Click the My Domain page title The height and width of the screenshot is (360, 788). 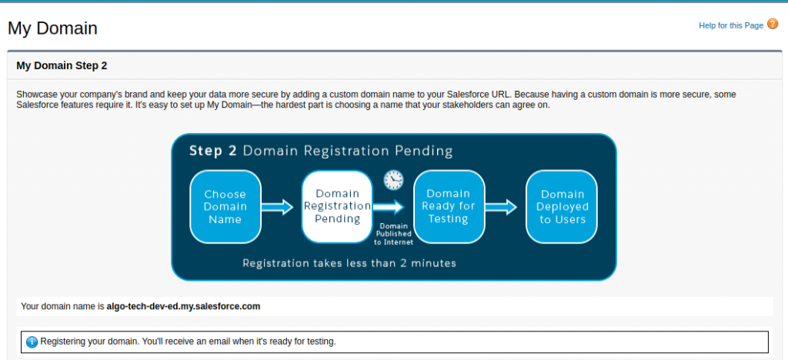point(52,29)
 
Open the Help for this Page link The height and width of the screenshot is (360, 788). point(730,25)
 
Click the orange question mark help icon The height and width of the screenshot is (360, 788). point(773,25)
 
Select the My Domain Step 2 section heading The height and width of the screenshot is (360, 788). point(62,66)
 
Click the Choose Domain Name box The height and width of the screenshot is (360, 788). point(225,206)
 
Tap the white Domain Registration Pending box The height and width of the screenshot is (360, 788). point(337,206)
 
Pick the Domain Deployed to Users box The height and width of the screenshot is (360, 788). point(561,206)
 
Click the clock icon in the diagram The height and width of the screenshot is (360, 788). point(393,179)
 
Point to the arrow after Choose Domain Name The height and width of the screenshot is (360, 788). point(277,206)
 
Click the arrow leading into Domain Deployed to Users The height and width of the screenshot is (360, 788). point(501,206)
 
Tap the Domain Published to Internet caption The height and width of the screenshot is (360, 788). point(393,233)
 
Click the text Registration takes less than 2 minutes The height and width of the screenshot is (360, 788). point(349,263)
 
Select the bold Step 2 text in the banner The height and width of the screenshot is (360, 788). point(212,151)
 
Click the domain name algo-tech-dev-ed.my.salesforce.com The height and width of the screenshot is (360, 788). point(183,306)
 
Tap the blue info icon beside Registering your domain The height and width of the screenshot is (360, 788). point(32,342)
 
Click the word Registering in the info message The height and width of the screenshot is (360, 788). point(64,341)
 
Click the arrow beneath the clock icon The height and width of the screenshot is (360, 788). point(389,206)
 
